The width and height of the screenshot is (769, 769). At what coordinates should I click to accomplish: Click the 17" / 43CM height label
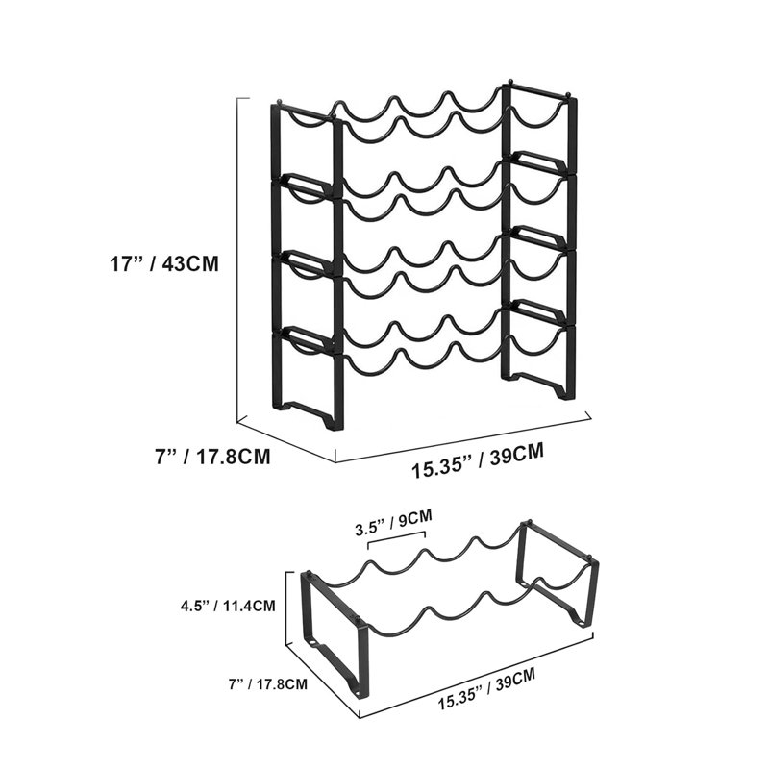click(163, 263)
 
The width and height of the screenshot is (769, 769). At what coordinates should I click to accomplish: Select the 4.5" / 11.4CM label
click(228, 606)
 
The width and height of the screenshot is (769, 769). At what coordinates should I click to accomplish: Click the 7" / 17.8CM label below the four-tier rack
click(212, 457)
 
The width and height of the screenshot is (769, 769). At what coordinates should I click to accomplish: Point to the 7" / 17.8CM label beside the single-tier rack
click(268, 683)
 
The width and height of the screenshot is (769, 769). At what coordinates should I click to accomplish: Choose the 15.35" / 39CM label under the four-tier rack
click(477, 459)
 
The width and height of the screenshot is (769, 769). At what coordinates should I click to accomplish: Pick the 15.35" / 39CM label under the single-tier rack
click(486, 689)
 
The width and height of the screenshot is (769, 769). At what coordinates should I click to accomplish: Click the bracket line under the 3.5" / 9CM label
click(397, 539)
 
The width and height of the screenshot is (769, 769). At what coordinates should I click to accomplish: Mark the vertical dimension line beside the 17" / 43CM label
click(237, 260)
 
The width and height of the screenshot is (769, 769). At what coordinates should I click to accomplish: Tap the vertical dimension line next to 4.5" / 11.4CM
click(286, 608)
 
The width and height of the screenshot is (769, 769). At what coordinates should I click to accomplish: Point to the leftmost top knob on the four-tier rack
click(280, 102)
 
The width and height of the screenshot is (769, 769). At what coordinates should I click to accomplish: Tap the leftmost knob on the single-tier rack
click(310, 572)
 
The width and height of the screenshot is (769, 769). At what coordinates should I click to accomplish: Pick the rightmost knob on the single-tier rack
click(590, 558)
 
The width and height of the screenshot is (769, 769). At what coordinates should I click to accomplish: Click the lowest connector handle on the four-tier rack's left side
click(304, 338)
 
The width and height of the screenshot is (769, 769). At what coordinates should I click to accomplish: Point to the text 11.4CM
click(249, 606)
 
